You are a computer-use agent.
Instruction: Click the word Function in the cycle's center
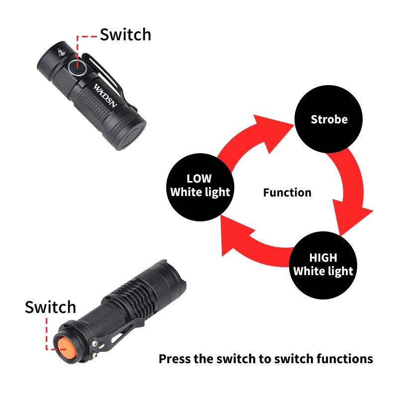point(287,193)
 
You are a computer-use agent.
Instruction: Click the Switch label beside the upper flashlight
point(125,35)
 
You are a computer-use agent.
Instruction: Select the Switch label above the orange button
point(50,307)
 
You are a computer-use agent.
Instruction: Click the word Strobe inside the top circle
point(329,119)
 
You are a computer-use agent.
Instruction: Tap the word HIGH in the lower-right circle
point(323,258)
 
